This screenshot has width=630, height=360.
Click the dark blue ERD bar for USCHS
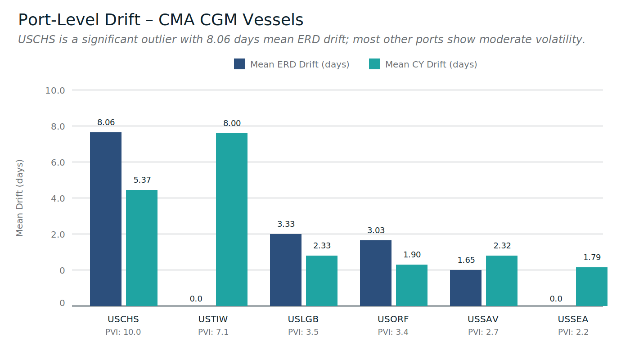106,219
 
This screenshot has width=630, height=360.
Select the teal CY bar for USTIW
232,220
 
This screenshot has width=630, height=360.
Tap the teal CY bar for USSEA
592,287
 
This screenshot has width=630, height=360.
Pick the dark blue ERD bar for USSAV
466,288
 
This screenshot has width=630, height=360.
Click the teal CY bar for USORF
412,285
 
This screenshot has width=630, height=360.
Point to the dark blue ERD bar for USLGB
286,270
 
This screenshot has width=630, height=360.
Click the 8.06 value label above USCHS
106,122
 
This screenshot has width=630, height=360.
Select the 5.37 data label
142,180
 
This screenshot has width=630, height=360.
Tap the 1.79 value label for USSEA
592,257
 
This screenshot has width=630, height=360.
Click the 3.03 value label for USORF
376,230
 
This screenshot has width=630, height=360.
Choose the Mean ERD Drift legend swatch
239,64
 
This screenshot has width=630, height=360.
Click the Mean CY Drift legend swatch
374,64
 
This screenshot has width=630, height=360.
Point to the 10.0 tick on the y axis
55,90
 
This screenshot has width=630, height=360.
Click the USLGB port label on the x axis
303,319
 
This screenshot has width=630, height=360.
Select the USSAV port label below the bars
483,319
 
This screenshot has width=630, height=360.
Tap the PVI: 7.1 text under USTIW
213,333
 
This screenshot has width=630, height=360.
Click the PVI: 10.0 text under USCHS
123,333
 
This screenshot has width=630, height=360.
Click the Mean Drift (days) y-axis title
19,198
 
